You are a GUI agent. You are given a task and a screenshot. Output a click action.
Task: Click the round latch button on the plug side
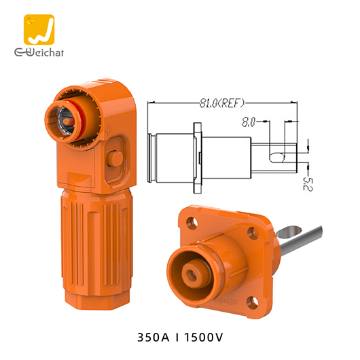pos(115,158)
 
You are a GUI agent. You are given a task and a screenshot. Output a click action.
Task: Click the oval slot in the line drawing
pos(275,158)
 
